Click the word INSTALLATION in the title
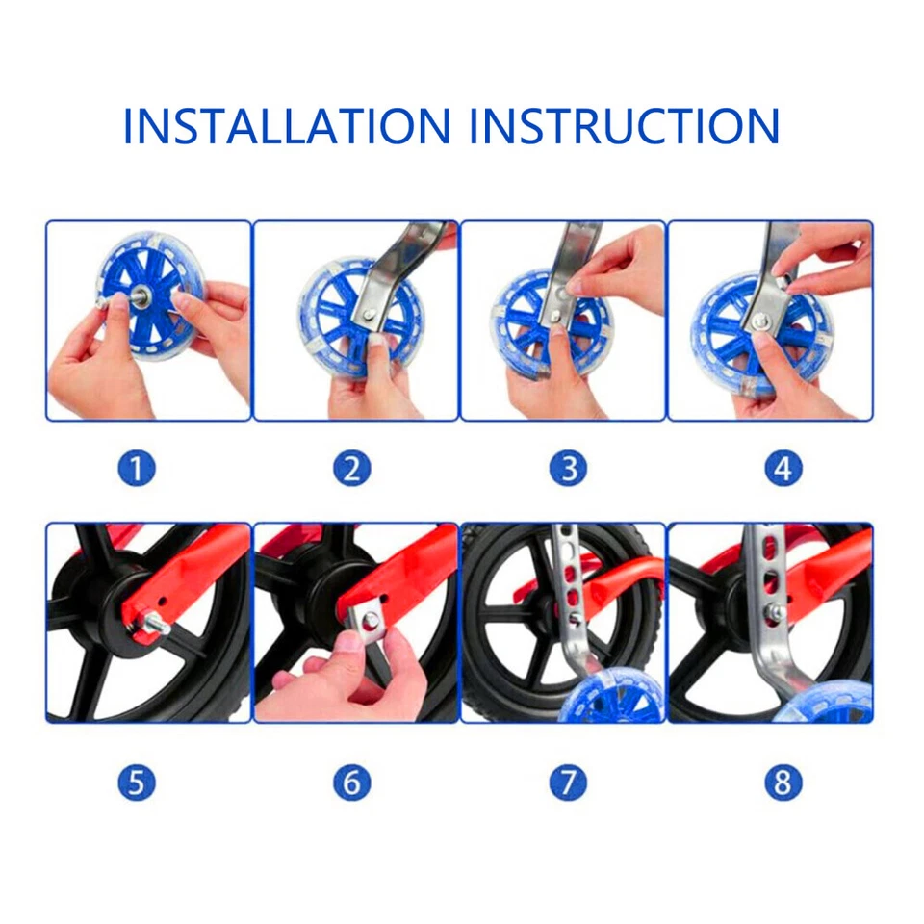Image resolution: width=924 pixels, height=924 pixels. (287, 126)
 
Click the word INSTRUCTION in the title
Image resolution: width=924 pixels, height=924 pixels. (625, 126)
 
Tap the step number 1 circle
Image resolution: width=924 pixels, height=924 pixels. (137, 469)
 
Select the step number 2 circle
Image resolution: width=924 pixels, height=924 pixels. (352, 469)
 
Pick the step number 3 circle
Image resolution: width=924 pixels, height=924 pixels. (568, 469)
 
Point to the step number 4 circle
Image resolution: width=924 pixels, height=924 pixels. (783, 469)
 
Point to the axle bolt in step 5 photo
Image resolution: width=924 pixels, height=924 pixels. (154, 628)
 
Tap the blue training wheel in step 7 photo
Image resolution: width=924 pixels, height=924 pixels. (606, 698)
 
